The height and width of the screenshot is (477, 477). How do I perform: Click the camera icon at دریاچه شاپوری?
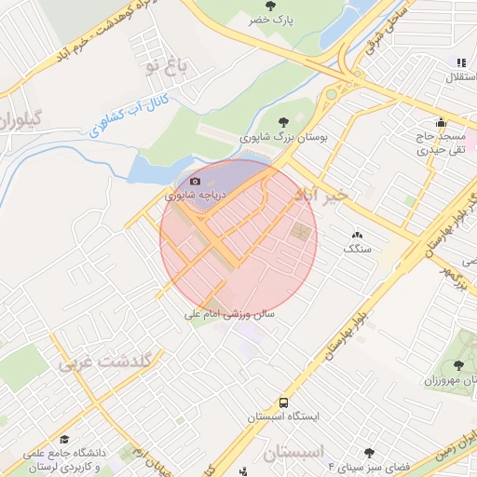click(x=195, y=181)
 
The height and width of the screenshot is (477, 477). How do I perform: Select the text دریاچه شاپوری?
click(x=194, y=196)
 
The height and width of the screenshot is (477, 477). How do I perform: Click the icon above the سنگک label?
click(x=357, y=235)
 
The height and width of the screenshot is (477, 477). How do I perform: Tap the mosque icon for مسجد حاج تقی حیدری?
click(x=441, y=122)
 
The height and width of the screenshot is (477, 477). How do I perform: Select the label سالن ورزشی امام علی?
click(x=229, y=315)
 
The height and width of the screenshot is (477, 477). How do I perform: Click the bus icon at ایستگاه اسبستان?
click(x=282, y=402)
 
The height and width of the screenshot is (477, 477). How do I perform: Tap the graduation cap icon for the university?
click(x=64, y=439)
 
